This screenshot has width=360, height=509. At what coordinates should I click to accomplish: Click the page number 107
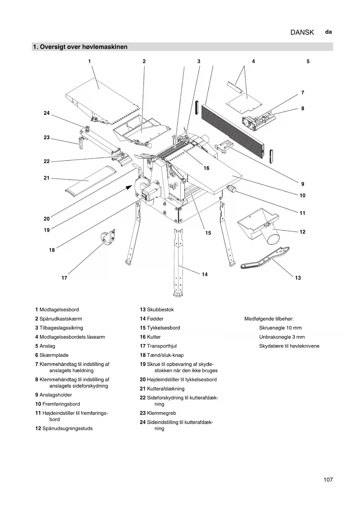point(328,480)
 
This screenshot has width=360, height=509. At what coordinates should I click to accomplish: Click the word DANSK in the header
point(302,32)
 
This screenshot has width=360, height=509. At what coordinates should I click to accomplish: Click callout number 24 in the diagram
point(47,113)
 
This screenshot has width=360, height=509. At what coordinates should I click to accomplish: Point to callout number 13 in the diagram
point(298,278)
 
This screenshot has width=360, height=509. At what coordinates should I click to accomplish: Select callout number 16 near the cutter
point(206,168)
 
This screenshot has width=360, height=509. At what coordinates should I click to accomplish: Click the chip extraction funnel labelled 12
point(260,225)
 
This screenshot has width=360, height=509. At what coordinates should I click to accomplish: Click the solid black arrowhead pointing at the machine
point(129,188)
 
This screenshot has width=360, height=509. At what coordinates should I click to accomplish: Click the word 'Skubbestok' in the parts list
point(160,310)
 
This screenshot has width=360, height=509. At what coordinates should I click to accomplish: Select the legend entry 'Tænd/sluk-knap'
point(165,355)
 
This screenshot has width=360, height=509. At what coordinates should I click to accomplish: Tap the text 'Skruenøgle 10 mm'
point(280,328)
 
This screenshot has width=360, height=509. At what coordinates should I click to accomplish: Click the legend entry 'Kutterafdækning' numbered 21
point(165,389)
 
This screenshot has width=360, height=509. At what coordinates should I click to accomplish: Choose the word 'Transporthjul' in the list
point(162,346)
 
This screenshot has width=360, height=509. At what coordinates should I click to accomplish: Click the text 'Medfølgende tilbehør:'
point(269,319)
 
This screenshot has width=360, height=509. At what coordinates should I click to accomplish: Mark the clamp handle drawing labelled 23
point(81,143)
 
